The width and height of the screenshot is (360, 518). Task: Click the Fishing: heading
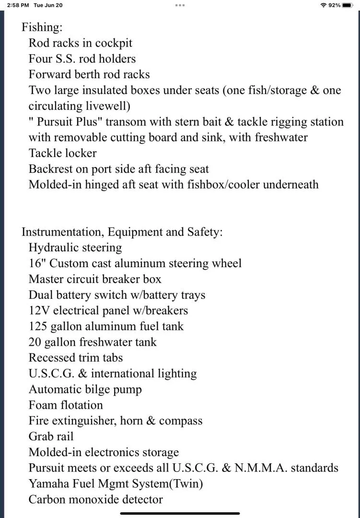click(x=42, y=27)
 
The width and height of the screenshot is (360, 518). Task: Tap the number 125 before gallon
click(x=38, y=326)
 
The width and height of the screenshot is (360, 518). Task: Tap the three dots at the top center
click(x=180, y=5)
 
